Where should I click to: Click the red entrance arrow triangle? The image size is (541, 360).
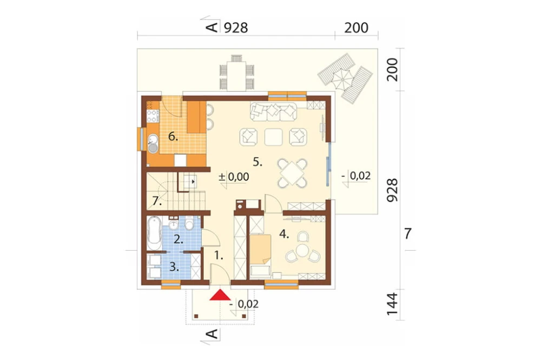point(220,295)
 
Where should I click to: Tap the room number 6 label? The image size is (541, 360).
point(173,137)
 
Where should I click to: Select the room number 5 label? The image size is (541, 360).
point(258,162)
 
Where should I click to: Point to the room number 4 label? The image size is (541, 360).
point(283,234)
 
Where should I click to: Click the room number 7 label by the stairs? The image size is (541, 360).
point(157,201)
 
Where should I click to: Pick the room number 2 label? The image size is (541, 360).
point(178,239)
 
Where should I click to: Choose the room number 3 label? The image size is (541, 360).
point(174,266)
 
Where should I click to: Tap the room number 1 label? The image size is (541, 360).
point(219,256)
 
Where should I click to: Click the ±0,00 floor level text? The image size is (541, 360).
point(234,177)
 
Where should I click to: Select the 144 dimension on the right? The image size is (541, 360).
point(392,304)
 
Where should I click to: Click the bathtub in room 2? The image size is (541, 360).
point(154,233)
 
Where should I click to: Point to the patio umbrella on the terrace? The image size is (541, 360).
point(342,79)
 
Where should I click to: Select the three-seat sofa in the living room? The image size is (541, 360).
point(273,111)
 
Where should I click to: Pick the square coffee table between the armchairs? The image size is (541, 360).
point(273,137)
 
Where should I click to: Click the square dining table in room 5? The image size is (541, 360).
point(292,173)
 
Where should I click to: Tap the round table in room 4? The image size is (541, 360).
point(302,249)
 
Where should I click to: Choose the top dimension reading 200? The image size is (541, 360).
point(356,28)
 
